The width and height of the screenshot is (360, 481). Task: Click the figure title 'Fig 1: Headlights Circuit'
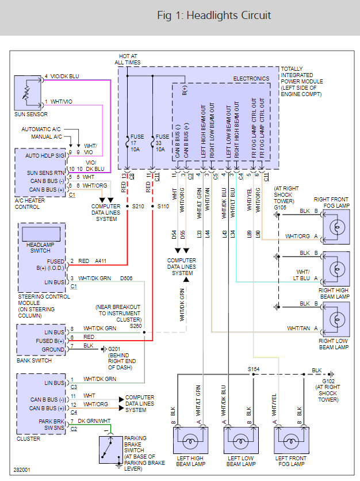[214, 15]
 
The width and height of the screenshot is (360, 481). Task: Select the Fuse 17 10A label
[136, 143]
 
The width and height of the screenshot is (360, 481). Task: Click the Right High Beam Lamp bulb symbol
[336, 265]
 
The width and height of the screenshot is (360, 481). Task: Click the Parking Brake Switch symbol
[108, 449]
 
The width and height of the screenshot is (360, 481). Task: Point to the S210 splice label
[139, 205]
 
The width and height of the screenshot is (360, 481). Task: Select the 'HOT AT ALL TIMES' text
[127, 58]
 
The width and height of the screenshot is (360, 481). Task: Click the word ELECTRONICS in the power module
[251, 78]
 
